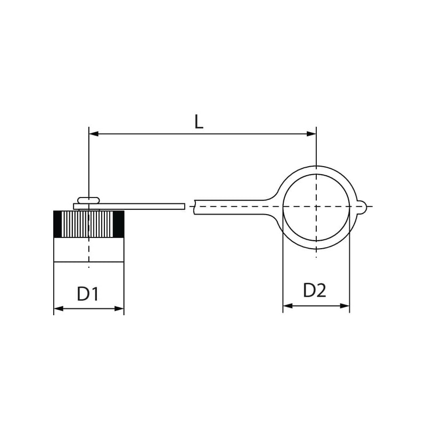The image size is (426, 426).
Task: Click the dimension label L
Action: pos(199,122)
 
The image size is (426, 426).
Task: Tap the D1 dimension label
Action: pos(87,294)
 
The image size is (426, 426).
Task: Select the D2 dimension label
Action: pos(314,290)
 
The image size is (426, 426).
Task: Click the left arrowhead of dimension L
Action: pos(94,134)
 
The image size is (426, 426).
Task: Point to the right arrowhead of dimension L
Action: pos(312,134)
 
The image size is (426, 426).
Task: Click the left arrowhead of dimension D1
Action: pos(59,309)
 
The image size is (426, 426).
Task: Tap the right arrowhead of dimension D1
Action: pos(119,309)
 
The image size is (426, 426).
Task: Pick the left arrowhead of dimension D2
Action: pos(288,306)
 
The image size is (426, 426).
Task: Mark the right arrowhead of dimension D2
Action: pos(345,306)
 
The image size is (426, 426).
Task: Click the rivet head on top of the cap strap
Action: pos(88,200)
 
